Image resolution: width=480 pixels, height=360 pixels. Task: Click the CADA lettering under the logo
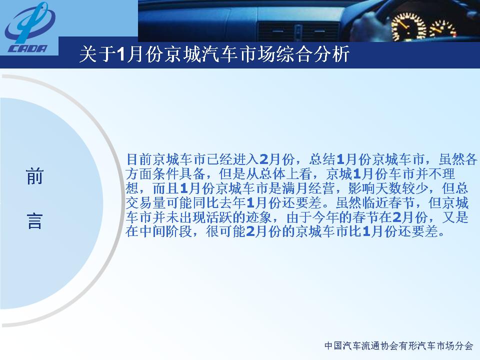pos(27,48)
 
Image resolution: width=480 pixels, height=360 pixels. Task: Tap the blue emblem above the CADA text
pos(29,22)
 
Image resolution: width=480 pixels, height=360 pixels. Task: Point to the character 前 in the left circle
pos(34,176)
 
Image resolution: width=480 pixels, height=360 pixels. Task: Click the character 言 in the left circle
pos(34,221)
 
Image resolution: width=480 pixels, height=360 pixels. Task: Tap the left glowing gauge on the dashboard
pos(408,27)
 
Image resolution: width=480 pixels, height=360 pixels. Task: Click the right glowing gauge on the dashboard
pos(443,30)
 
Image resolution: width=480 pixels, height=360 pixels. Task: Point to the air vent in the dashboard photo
pos(298,31)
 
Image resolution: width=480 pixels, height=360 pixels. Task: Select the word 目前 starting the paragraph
pos(139,159)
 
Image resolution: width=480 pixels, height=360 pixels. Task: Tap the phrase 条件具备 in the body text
pos(179,174)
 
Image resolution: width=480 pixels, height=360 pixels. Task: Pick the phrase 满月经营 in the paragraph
pos(307,188)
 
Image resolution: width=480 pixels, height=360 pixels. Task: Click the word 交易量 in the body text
pos(145,202)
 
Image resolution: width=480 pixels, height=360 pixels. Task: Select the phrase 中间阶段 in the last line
pos(166,231)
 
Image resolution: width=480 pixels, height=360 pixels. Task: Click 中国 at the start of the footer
pos(333,346)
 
